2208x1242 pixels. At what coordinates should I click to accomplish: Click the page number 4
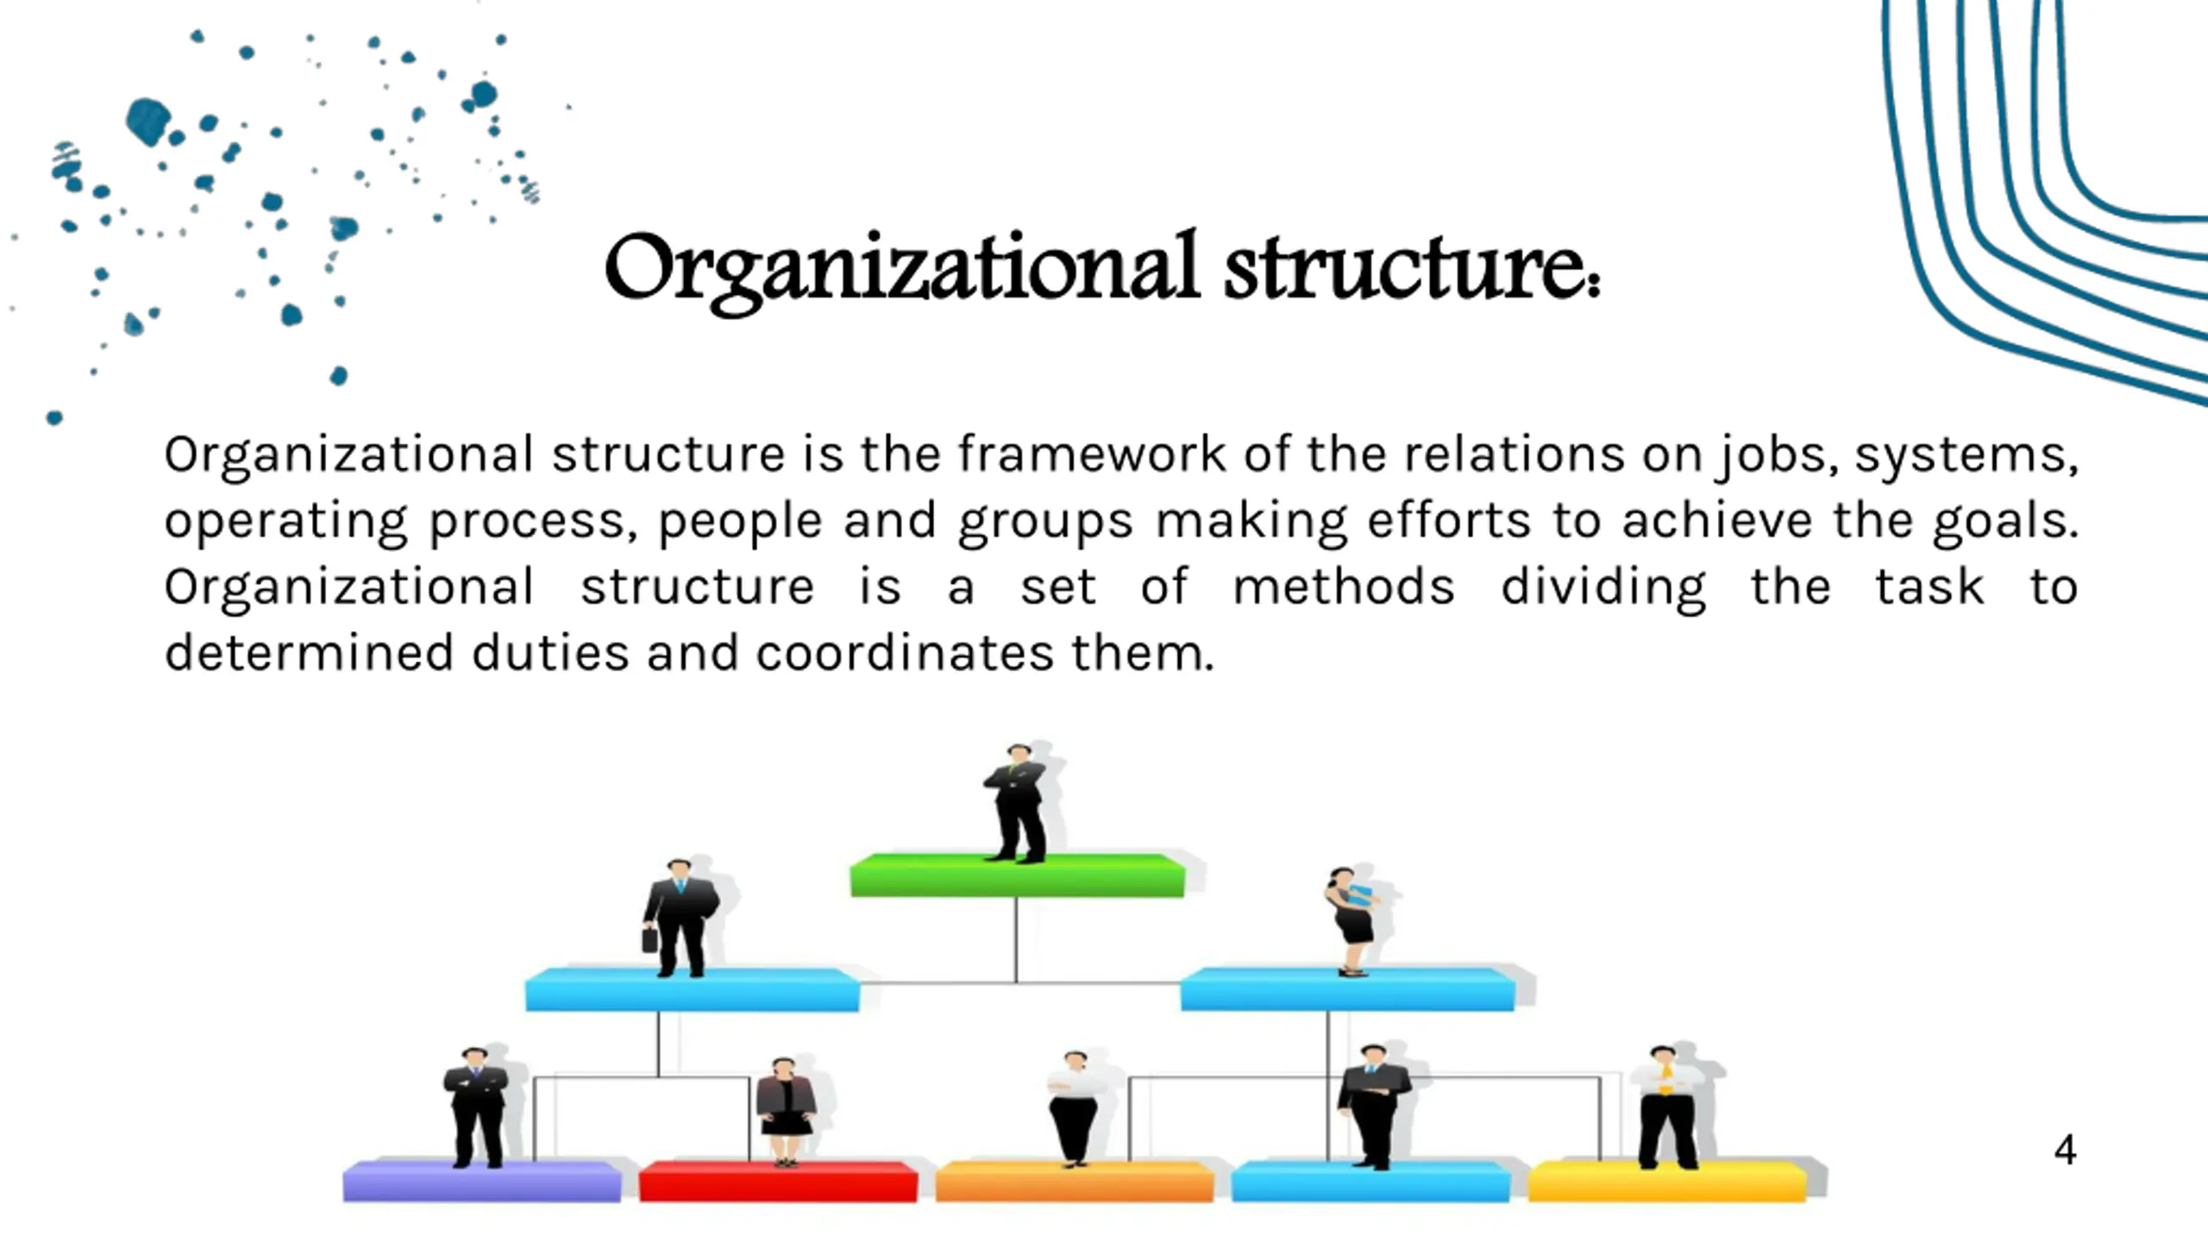tap(2065, 1150)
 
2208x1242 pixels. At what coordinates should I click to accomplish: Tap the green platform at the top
tap(1017, 875)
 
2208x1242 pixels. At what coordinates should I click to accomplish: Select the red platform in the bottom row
tap(778, 1182)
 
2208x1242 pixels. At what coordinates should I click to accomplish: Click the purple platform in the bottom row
tap(481, 1182)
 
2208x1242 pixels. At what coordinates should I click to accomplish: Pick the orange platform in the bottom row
tap(1074, 1182)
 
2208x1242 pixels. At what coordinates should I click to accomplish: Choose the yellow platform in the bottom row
tap(1666, 1182)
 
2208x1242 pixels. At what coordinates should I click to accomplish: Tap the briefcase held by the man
tap(650, 938)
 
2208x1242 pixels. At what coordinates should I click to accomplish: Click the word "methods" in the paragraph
tap(1343, 588)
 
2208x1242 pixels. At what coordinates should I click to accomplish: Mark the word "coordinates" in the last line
tap(904, 654)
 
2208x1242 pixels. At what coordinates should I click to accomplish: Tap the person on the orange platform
tap(1074, 1107)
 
